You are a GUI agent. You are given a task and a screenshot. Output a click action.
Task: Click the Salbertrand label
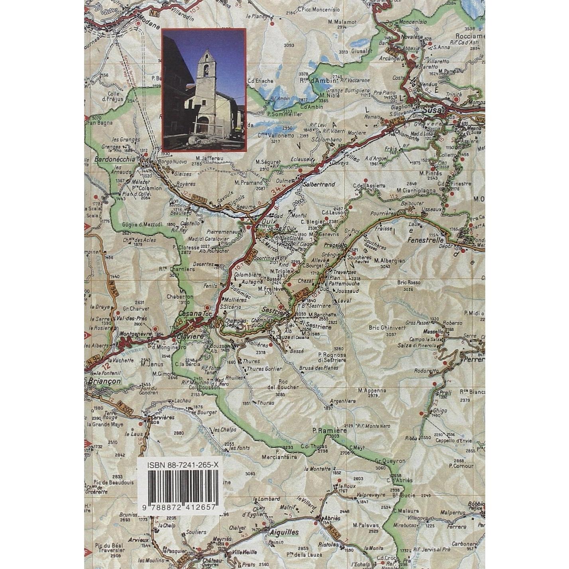pyautogui.click(x=319, y=185)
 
